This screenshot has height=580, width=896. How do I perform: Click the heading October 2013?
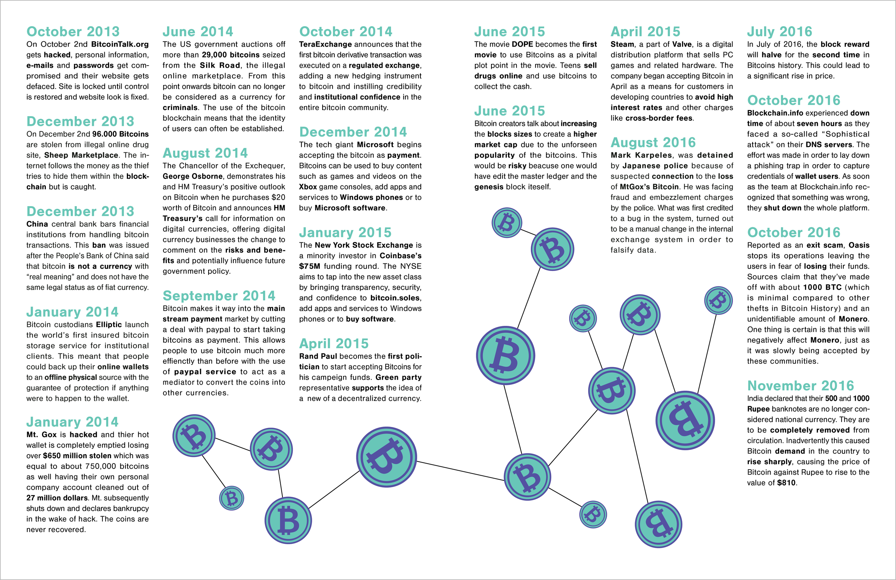coord(73,31)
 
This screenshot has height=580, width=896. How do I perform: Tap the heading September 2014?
coord(219,296)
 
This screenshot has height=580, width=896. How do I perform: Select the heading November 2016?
coord(800,386)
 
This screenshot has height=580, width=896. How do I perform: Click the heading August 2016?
coord(653,142)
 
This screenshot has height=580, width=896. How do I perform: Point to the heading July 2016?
coord(779,31)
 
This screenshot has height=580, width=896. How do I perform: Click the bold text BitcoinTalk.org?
coord(120,44)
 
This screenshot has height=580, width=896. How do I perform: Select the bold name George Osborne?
coord(192,176)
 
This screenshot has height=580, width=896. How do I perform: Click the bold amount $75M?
coord(309,266)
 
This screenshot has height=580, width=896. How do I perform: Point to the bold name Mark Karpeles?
coord(641,155)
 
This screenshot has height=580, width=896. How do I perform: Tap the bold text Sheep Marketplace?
coord(81,155)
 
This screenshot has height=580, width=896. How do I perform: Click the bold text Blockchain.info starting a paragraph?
coord(775,113)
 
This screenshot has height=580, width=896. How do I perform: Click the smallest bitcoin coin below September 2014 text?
coord(232,498)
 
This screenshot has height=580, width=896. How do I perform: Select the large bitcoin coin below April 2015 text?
coord(387,456)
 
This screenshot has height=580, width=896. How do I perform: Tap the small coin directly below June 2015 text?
coord(507,223)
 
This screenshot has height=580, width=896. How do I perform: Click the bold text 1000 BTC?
coord(822,287)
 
